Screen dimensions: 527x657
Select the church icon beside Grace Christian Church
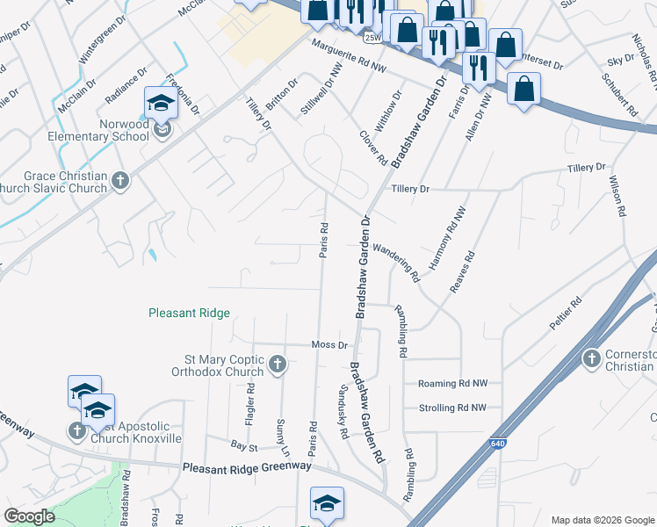[120, 181]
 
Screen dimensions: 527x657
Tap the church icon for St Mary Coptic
[277, 364]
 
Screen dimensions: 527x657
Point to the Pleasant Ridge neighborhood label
[189, 313]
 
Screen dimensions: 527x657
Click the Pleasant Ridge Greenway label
[247, 467]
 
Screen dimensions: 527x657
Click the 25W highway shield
[373, 39]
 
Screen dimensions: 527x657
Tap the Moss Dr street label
[329, 345]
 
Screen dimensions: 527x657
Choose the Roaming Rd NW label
[451, 384]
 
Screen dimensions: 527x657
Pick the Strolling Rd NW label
[452, 408]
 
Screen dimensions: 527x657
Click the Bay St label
[242, 447]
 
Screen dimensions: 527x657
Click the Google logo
[30, 516]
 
